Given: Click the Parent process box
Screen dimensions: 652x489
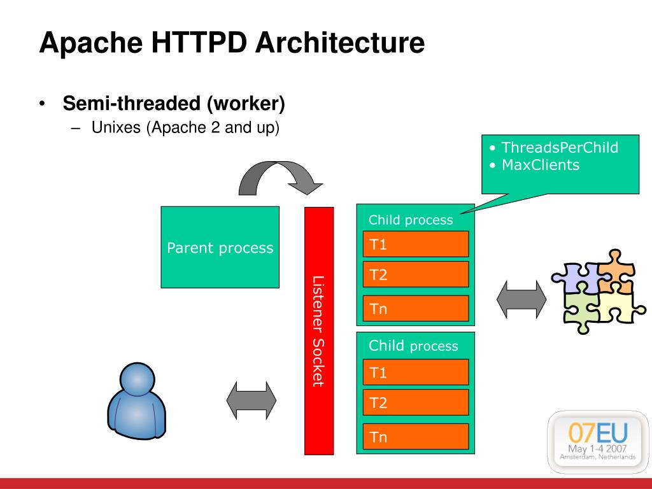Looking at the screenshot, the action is point(220,247).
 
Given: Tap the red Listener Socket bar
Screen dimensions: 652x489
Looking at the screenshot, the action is point(319,331).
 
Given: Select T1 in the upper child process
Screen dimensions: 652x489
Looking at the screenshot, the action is point(416,244).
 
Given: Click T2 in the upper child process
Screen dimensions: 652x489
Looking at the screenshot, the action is point(416,274).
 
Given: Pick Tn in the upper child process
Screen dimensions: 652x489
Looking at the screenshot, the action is point(416,309).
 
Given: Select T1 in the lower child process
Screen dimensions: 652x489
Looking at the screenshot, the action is point(416,372).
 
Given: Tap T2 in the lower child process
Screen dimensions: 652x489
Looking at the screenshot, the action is point(416,402).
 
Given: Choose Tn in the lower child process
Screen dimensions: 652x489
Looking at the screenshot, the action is point(416,437).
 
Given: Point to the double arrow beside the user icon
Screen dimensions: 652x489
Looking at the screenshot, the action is point(251,400).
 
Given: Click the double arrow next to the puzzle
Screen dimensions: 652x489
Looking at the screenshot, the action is point(521,299).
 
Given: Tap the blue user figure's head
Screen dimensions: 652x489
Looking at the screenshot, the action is point(138,379).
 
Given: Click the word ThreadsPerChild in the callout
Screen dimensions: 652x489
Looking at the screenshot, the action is point(560,148).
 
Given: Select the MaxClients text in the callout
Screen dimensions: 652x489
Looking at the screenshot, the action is point(541,165).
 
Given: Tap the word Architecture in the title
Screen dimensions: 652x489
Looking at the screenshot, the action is point(340,43).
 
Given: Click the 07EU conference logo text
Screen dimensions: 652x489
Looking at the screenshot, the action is point(597,432).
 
